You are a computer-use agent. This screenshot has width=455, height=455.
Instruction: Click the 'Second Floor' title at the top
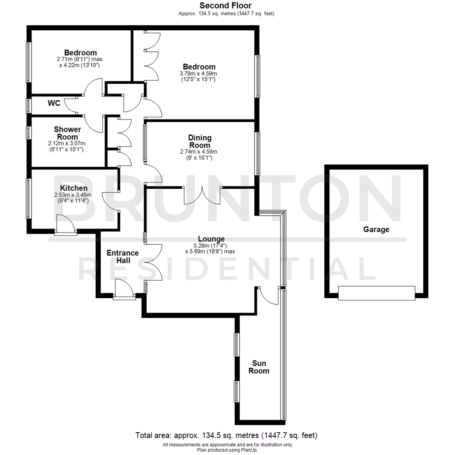pyautogui.click(x=225, y=5)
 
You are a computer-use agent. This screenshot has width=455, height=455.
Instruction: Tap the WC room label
pyautogui.click(x=54, y=103)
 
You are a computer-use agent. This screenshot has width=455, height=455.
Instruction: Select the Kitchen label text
pyautogui.click(x=74, y=188)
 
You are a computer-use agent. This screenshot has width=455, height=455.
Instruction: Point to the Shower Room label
pyautogui.click(x=67, y=133)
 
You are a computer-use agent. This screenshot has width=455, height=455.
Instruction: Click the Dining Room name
pyautogui.click(x=200, y=142)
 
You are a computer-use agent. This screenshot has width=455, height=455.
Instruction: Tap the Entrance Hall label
pyautogui.click(x=123, y=257)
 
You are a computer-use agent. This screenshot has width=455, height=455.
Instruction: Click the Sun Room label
pyautogui.click(x=259, y=367)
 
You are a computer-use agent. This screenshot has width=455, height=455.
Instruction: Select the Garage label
pyautogui.click(x=376, y=230)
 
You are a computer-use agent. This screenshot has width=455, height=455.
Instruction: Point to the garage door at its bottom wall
pyautogui.click(x=377, y=293)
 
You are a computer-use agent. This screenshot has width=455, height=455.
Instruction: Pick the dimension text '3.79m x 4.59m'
pyautogui.click(x=199, y=73)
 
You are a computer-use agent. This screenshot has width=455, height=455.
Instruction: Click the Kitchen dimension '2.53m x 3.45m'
pyautogui.click(x=72, y=195)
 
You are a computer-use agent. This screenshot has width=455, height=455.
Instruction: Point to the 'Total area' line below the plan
pyautogui.click(x=226, y=435)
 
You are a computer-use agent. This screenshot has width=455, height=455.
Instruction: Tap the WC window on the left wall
pyautogui.click(x=29, y=105)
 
